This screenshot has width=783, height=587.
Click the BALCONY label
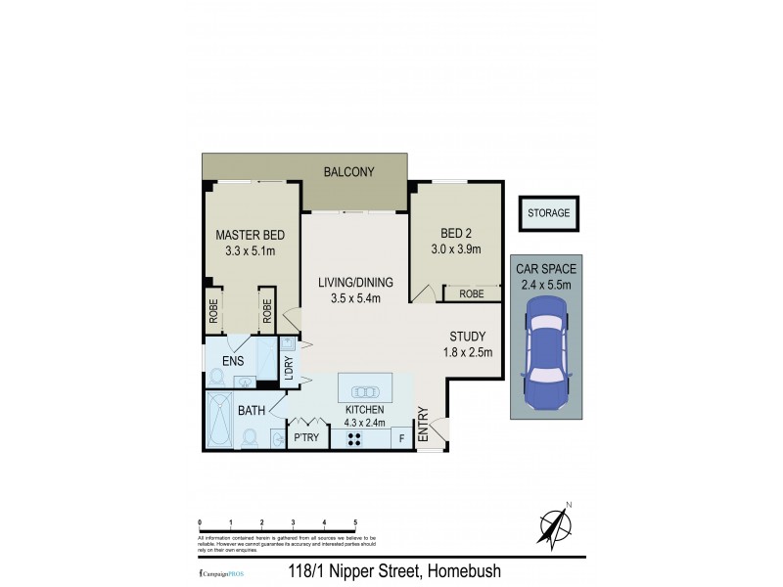(348, 172)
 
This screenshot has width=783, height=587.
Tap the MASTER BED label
(251, 235)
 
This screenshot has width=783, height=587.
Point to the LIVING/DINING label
(348, 283)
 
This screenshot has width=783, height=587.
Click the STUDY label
(468, 337)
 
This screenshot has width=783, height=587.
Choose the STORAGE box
(548, 213)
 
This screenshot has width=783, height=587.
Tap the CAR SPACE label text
(548, 269)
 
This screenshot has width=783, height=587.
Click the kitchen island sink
(364, 384)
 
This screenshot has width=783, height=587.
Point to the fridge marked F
(402, 438)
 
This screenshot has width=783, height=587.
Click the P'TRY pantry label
(304, 438)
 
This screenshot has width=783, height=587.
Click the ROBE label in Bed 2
(471, 293)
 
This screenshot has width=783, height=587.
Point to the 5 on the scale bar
(354, 522)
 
